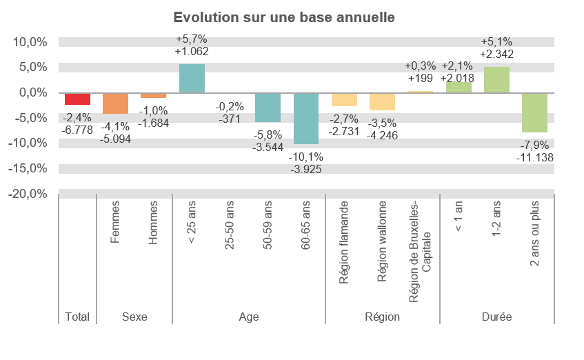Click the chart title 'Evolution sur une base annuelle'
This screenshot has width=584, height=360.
pyautogui.click(x=284, y=17)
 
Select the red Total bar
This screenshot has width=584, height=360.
pyautogui.click(x=77, y=99)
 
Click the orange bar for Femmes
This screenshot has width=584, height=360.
pyautogui.click(x=116, y=103)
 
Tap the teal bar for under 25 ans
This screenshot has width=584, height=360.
pyautogui.click(x=192, y=78)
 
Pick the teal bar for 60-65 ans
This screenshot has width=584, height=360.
pyautogui.click(x=306, y=118)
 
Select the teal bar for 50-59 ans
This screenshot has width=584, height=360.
pyautogui.click(x=268, y=107)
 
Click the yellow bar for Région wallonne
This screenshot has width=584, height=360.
pyautogui.click(x=382, y=101)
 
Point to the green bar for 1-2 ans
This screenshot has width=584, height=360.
pyautogui.click(x=496, y=79)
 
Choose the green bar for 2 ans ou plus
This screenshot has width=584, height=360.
pyautogui.click(x=534, y=112)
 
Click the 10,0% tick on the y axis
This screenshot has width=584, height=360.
pyautogui.click(x=30, y=42)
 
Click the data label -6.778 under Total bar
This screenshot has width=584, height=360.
pyautogui.click(x=77, y=130)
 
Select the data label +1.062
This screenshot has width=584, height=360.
pyautogui.click(x=192, y=51)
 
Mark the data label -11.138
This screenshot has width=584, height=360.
pyautogui.click(x=535, y=157)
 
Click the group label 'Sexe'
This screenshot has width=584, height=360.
pyautogui.click(x=134, y=317)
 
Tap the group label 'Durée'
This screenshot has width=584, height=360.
pyautogui.click(x=496, y=317)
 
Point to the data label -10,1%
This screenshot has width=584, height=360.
pyautogui.click(x=306, y=157)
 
